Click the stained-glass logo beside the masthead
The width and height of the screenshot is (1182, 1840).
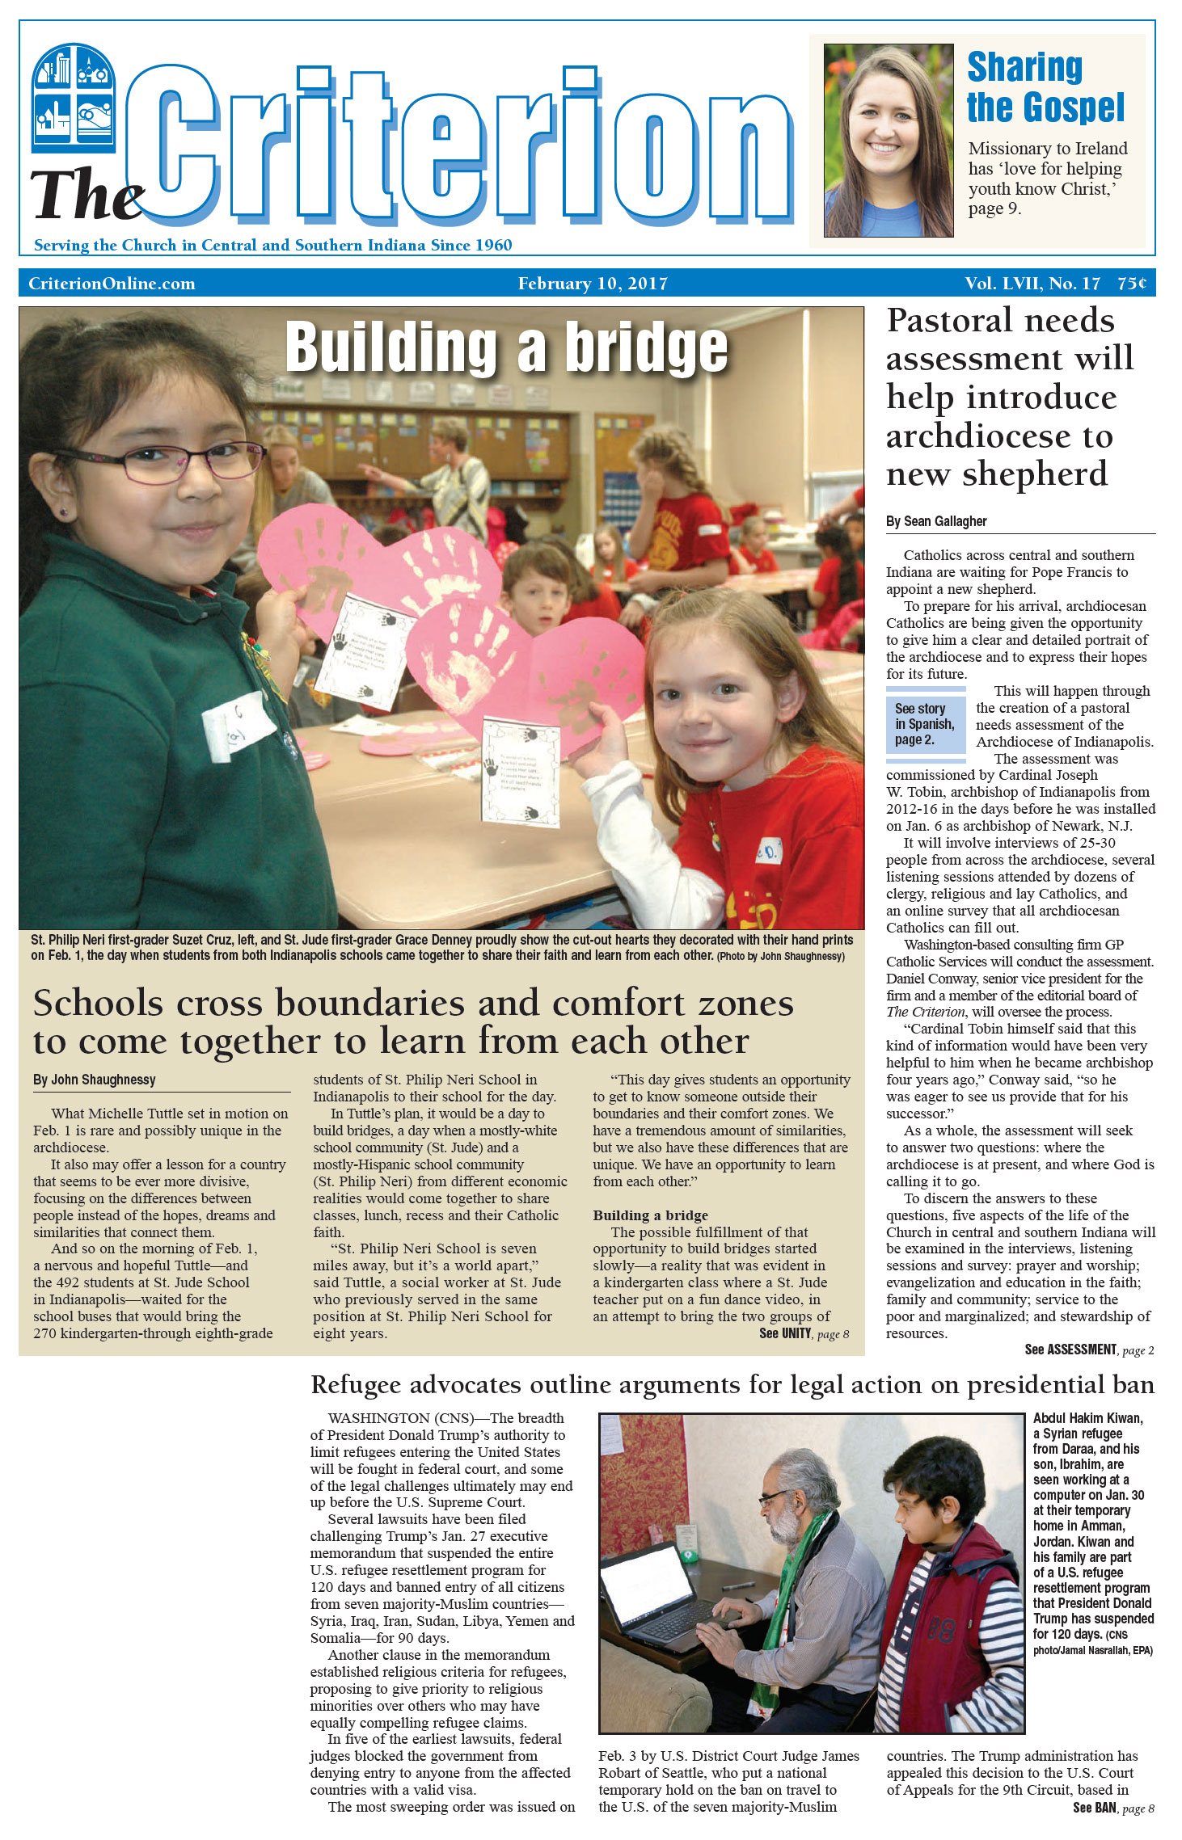[x=73, y=97]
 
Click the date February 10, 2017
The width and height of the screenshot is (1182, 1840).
[x=593, y=284]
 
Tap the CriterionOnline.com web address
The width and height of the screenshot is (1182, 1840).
[x=112, y=284]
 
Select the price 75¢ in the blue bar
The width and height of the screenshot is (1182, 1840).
[x=1131, y=284]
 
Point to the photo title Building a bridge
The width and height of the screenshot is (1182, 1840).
[x=507, y=347]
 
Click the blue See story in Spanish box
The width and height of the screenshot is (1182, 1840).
[x=925, y=724]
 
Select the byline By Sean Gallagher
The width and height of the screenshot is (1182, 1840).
[x=935, y=521]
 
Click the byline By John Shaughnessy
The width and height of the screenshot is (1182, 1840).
[x=94, y=1080]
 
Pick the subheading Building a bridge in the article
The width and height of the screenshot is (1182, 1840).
[x=650, y=1215]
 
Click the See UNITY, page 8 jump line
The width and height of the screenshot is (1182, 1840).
[x=804, y=1334]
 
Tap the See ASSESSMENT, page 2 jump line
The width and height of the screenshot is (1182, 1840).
[x=1088, y=1350]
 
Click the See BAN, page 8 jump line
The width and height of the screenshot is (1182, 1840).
[x=1112, y=1808]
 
